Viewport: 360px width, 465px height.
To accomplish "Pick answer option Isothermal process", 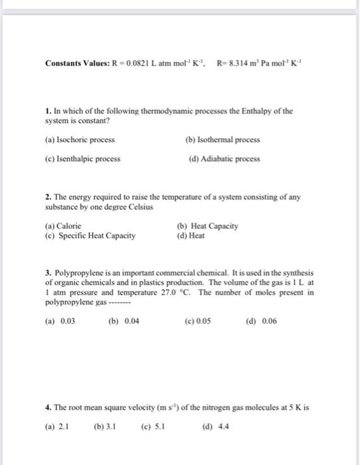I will (223, 140).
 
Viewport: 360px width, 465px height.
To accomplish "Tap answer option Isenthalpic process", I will (82, 159).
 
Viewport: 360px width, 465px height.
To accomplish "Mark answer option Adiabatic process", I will (224, 159).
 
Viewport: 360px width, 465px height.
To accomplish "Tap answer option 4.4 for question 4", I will (213, 426).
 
